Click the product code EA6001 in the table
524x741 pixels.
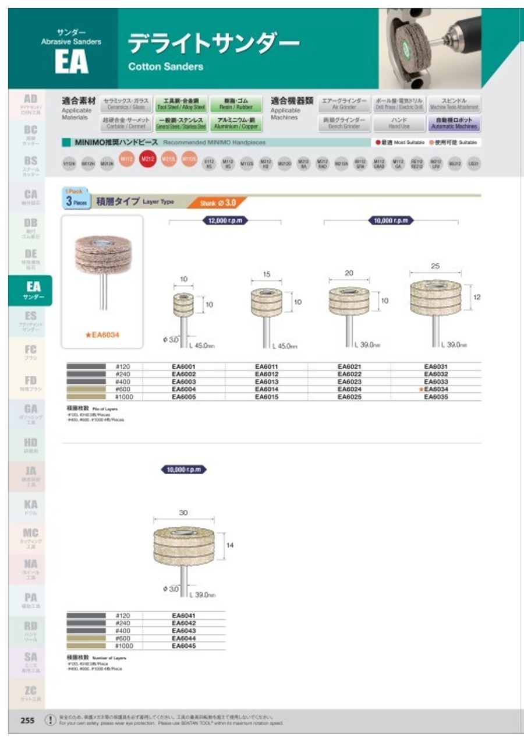(x=183, y=366)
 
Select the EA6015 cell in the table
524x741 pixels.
(x=266, y=396)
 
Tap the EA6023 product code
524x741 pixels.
(x=349, y=382)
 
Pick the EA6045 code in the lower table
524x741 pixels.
(x=183, y=645)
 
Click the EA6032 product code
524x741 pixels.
(x=436, y=374)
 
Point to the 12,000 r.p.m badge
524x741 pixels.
(x=224, y=221)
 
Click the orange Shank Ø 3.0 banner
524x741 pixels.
(x=217, y=203)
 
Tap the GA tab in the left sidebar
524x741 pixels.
(x=31, y=412)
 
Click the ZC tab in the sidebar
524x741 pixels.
(x=31, y=694)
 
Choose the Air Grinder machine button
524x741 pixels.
(x=344, y=104)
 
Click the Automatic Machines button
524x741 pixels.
(x=454, y=123)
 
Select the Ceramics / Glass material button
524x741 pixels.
(x=125, y=104)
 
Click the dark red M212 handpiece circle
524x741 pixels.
(x=147, y=159)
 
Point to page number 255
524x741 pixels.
(x=27, y=720)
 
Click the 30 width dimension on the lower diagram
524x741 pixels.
(x=183, y=513)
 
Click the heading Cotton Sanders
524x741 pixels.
(x=165, y=66)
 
